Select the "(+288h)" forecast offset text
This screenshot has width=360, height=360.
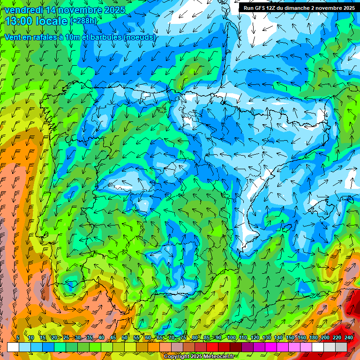coord(83,21)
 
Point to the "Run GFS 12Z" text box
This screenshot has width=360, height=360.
coord(299,7)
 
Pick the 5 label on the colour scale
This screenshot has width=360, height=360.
coord(17,337)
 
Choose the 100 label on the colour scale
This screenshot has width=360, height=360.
coord(231,337)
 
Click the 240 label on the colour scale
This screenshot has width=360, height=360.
coord(349,337)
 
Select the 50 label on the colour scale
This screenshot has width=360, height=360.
coord(125,337)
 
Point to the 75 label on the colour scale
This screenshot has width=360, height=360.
coord(183,337)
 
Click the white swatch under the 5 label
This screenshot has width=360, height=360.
coord(13,347)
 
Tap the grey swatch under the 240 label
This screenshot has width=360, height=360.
coord(341,347)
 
